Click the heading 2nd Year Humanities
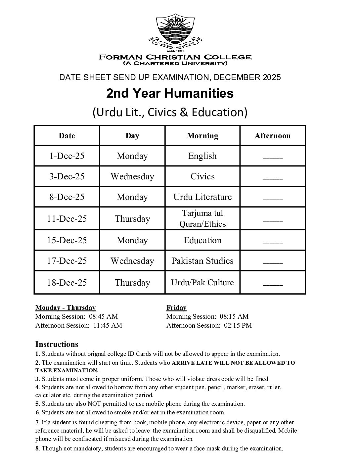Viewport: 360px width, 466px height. pyautogui.click(x=170, y=94)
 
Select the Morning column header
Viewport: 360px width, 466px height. pyautogui.click(x=202, y=136)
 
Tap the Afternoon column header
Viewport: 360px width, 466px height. pyautogui.click(x=272, y=136)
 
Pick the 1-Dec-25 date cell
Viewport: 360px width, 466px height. pyautogui.click(x=67, y=156)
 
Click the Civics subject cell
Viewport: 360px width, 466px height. pyautogui.click(x=202, y=176)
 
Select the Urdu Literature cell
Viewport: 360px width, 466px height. pyautogui.click(x=202, y=197)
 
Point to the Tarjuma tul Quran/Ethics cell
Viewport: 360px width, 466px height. pyautogui.click(x=202, y=218)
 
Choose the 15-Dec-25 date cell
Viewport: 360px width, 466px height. pyautogui.click(x=67, y=240)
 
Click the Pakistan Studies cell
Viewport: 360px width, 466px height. pyautogui.click(x=202, y=261)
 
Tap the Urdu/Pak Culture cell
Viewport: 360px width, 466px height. pyautogui.click(x=202, y=282)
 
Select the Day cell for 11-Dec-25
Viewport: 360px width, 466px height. pyautogui.click(x=132, y=219)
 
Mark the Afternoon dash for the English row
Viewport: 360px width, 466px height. pyautogui.click(x=273, y=157)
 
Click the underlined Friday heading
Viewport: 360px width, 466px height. pyautogui.click(x=176, y=308)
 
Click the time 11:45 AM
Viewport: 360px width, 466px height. pyautogui.click(x=108, y=325)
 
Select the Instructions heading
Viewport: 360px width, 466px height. pyautogui.click(x=57, y=344)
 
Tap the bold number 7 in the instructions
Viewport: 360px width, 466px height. pyautogui.click(x=37, y=422)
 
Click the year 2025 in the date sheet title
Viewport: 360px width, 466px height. pyautogui.click(x=272, y=77)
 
